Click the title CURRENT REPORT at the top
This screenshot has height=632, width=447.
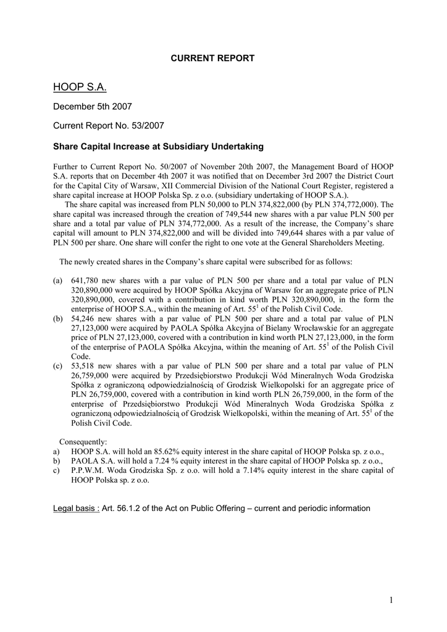(212, 58)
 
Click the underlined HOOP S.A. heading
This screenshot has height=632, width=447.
(80, 88)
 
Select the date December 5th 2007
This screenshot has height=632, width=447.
(92, 107)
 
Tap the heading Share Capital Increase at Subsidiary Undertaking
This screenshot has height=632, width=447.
(158, 147)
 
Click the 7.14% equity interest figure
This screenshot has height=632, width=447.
(259, 470)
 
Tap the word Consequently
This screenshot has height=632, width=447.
(83, 442)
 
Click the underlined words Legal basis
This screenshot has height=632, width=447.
(77, 509)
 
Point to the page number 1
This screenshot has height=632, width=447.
(391, 600)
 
